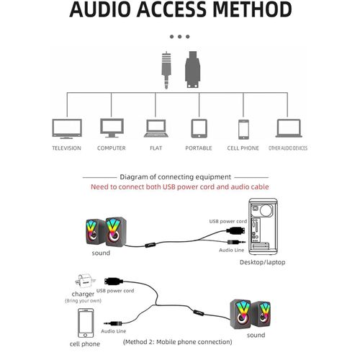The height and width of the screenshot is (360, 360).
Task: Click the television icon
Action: (x=67, y=129)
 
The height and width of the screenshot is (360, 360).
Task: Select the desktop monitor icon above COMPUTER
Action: (x=112, y=128)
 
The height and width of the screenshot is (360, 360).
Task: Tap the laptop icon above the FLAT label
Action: (x=156, y=128)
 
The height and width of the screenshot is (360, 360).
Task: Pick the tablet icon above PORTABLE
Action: (x=199, y=128)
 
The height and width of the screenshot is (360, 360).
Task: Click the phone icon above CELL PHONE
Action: (x=243, y=130)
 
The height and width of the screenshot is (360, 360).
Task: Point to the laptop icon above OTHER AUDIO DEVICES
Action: (x=289, y=128)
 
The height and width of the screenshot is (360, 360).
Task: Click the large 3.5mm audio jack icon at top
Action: (x=166, y=71)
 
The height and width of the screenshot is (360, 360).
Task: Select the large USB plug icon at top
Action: (x=193, y=69)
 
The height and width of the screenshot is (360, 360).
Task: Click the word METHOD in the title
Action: (x=252, y=9)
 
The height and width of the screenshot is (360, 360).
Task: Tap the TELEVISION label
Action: (x=67, y=148)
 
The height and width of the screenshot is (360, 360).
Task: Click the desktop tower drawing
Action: (x=264, y=227)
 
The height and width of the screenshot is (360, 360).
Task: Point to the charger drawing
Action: (x=85, y=282)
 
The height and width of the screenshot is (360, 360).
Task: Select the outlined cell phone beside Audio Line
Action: (x=86, y=323)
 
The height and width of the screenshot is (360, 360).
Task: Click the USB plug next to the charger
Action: (x=114, y=282)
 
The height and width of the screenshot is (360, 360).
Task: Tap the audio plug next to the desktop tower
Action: (x=236, y=243)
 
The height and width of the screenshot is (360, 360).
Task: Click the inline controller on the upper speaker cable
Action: (x=150, y=245)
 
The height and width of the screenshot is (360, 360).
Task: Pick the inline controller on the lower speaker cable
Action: (x=199, y=312)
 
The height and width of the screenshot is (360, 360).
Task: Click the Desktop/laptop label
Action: (x=263, y=262)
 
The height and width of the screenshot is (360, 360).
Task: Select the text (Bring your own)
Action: (x=83, y=300)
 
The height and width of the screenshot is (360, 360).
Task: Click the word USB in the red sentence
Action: (x=169, y=186)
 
